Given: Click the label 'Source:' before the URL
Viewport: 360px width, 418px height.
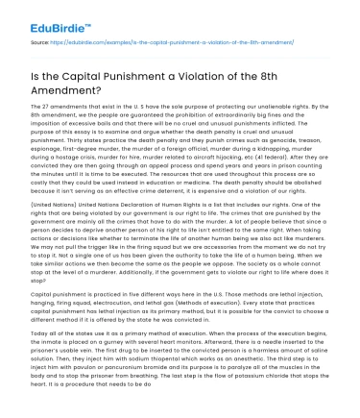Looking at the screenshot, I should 42,44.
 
